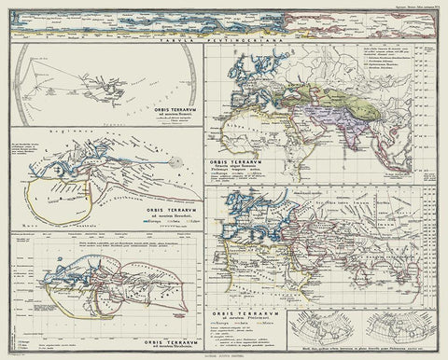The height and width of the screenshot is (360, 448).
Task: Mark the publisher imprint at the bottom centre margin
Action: coord(224,353)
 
